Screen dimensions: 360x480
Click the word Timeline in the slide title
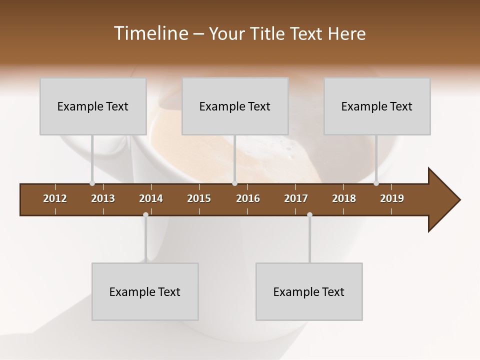click(150, 33)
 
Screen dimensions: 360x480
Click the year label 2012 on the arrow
click(55, 198)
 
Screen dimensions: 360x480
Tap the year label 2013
click(103, 198)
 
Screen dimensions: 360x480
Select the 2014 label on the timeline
click(151, 198)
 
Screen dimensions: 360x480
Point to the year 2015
click(199, 198)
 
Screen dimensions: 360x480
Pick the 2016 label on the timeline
click(248, 198)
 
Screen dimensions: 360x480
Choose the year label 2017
click(296, 198)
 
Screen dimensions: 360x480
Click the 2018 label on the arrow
click(344, 198)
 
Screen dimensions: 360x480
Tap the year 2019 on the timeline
click(392, 198)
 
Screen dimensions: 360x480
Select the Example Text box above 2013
click(93, 106)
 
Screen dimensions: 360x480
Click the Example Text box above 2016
click(235, 106)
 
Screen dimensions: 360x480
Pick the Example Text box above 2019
click(377, 106)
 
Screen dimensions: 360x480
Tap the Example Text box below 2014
click(145, 291)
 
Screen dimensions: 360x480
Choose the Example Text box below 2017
click(309, 291)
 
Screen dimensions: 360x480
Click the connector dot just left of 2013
click(92, 183)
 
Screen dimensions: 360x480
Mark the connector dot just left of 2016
click(234, 183)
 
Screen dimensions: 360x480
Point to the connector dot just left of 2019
click(376, 183)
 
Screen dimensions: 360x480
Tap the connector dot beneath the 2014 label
click(145, 214)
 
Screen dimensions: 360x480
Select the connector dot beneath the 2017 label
click(309, 214)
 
